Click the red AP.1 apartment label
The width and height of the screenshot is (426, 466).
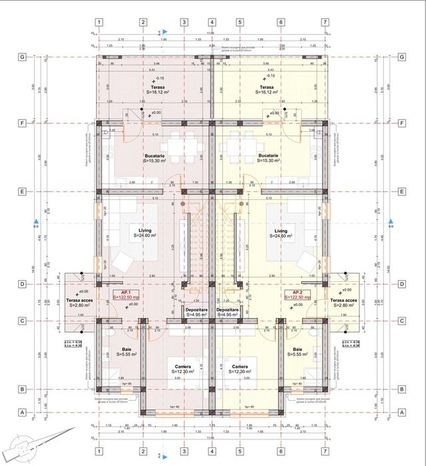125,292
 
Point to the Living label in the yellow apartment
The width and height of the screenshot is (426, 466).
279,231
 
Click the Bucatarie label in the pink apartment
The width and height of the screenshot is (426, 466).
155,156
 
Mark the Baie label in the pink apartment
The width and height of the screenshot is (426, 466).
127,349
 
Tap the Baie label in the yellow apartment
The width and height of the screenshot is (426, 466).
297,349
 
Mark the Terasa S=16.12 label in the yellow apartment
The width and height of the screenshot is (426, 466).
267,87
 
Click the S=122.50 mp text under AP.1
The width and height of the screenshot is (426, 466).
125,297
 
